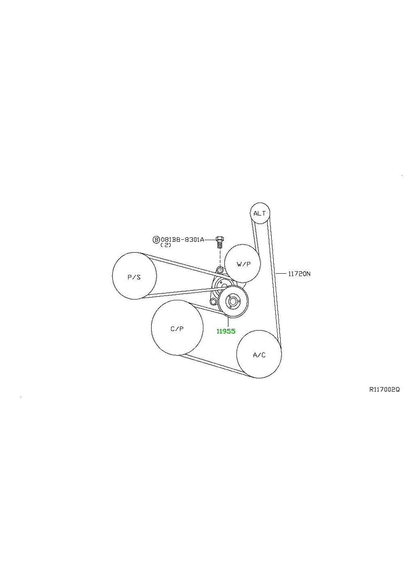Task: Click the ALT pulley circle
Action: (x=260, y=213)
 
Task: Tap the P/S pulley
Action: (x=135, y=276)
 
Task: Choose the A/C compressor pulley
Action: (x=259, y=354)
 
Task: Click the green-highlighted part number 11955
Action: (x=226, y=331)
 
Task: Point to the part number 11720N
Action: (x=299, y=274)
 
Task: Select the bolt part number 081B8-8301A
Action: (x=182, y=240)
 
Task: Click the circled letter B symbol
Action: (x=156, y=240)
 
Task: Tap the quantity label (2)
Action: (x=166, y=245)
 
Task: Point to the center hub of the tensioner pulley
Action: (x=232, y=301)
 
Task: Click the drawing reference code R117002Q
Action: (x=384, y=390)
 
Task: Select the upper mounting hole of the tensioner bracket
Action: (x=220, y=269)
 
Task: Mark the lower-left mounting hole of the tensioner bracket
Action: (x=213, y=301)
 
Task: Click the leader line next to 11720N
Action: (x=282, y=273)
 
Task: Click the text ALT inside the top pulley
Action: (x=260, y=213)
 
